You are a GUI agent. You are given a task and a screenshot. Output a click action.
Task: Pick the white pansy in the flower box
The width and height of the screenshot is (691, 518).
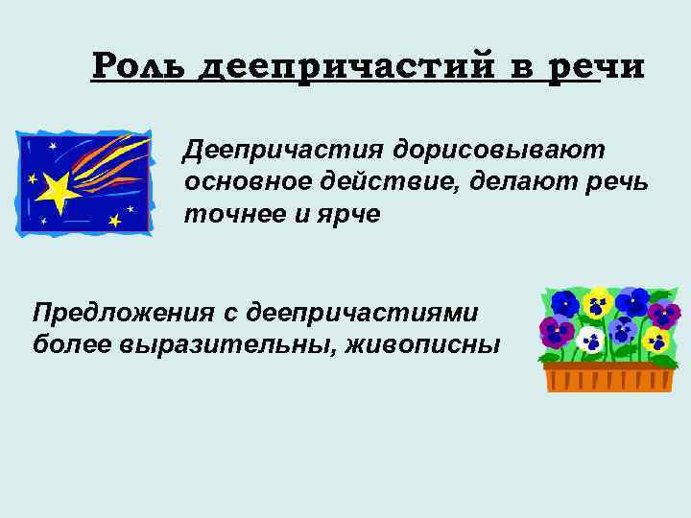click(x=590, y=339)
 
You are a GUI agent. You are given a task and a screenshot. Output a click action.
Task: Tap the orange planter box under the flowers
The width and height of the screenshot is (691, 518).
click(x=608, y=376)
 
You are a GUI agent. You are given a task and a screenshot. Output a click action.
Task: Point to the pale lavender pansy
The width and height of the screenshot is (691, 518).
click(x=632, y=300)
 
